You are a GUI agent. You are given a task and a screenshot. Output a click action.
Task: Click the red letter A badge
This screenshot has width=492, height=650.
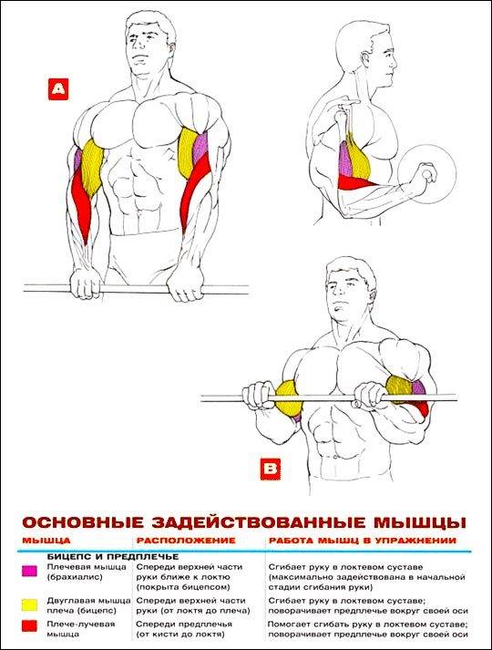point(57,88)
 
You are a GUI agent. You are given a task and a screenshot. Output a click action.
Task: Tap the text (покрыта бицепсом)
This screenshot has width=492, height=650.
point(175,588)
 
